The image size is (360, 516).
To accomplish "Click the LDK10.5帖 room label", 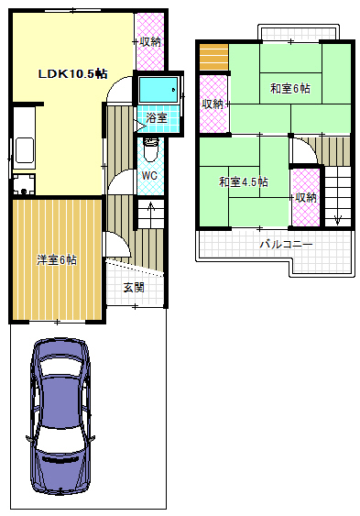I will pyautogui.click(x=72, y=72).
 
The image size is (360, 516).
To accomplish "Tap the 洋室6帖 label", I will pyautogui.click(x=57, y=259).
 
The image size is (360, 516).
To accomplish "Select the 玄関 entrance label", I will pyautogui.click(x=133, y=287).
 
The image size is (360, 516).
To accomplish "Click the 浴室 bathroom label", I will pyautogui.click(x=157, y=118).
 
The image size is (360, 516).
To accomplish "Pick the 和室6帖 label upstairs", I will pyautogui.click(x=289, y=89).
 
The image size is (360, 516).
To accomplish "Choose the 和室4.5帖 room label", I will pyautogui.click(x=243, y=182).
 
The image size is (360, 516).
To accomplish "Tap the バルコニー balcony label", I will pyautogui.click(x=285, y=245).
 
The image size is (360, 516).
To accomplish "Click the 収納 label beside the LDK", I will pyautogui.click(x=150, y=41).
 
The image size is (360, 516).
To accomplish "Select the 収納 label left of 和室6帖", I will pyautogui.click(x=212, y=104).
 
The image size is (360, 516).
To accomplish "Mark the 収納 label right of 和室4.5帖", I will pyautogui.click(x=305, y=196).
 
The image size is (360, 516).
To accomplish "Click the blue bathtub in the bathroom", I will pyautogui.click(x=159, y=91).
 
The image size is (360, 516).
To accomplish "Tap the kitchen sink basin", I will pyautogui.click(x=24, y=150).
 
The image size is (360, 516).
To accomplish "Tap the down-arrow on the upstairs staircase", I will pyautogui.click(x=337, y=217).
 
